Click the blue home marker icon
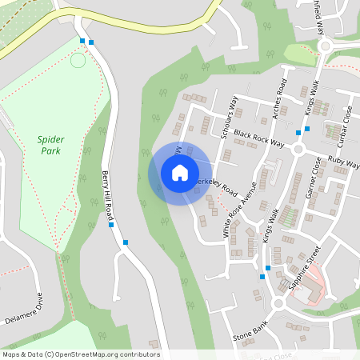pos(179,173)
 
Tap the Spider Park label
pos(50,145)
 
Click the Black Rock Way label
pos(259,138)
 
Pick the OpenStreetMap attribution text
pos(81,354)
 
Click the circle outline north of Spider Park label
pos(78,60)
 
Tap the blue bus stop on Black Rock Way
pos(298,131)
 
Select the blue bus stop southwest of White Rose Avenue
pos(262,277)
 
